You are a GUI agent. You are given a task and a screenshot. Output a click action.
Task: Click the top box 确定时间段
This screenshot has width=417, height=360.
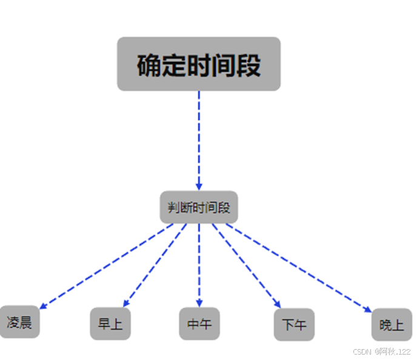point(198,64)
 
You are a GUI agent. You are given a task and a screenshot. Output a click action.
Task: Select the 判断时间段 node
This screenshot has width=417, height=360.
point(199,208)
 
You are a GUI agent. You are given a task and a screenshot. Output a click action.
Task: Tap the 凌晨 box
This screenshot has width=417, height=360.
point(19,322)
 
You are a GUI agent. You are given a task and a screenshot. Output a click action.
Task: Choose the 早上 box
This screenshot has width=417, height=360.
point(110,324)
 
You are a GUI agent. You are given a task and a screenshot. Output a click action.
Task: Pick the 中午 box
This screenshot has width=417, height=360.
point(199,324)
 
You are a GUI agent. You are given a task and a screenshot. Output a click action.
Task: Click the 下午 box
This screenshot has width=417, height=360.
point(294,325)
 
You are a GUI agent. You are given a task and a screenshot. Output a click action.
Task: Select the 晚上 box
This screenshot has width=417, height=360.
point(392,325)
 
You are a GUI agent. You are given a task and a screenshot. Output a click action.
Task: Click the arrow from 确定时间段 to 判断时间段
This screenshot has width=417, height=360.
point(199,139)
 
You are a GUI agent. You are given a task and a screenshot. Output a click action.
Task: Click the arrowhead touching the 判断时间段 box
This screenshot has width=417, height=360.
point(199,187)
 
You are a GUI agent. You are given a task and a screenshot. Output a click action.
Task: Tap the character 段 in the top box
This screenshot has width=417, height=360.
point(249,65)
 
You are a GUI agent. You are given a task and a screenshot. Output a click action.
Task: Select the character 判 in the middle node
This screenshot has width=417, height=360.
point(173,208)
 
